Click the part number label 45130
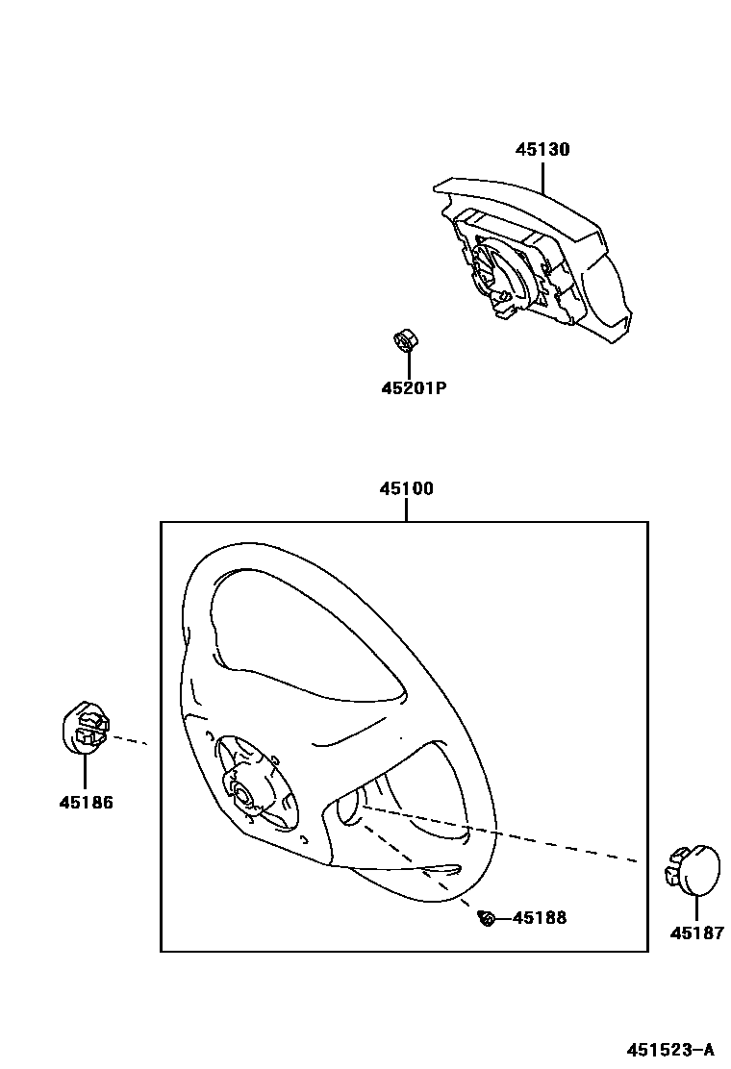(542, 150)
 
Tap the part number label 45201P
(415, 388)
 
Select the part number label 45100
(406, 488)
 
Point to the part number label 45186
(86, 802)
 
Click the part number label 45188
(540, 917)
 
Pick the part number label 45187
(697, 932)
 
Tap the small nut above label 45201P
(406, 340)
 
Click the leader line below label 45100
(406, 510)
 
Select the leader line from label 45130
(543, 178)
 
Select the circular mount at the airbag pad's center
(498, 269)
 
